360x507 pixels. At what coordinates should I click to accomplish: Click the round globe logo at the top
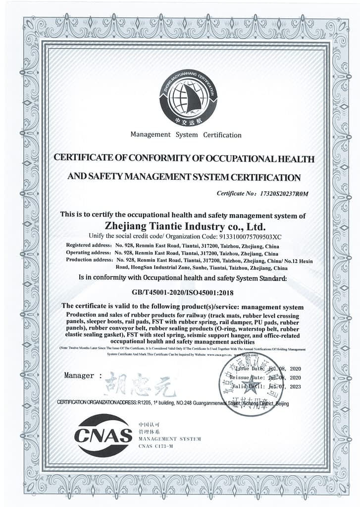pyautogui.click(x=188, y=96)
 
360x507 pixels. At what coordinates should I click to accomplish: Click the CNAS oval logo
pyautogui.click(x=103, y=435)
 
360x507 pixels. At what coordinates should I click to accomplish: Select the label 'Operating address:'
pyautogui.click(x=88, y=253)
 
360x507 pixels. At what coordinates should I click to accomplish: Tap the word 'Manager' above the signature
pyautogui.click(x=79, y=375)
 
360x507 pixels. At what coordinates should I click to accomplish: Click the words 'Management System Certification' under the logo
pyautogui.click(x=186, y=135)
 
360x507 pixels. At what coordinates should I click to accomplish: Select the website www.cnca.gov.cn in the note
pyautogui.click(x=218, y=355)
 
